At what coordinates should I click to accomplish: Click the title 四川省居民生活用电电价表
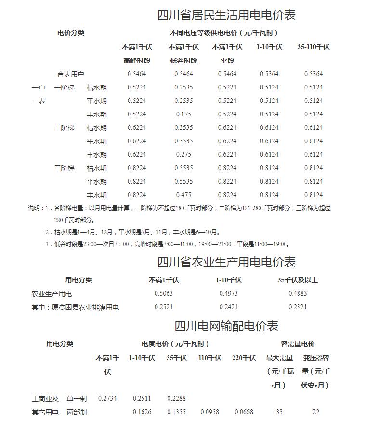226,15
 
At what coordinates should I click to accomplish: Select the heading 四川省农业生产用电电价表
226,262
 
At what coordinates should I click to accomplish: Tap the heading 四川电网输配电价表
226,326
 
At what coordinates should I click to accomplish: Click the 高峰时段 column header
137,61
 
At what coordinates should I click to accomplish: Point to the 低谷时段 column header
183,61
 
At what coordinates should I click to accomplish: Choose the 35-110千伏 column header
313,47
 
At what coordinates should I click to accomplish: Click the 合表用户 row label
71,74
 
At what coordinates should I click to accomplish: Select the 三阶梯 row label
64,168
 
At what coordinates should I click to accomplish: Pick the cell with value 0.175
183,114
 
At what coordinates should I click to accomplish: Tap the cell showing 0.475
183,195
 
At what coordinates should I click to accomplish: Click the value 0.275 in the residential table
183,155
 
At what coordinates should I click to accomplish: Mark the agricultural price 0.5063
164,293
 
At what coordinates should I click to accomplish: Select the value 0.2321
298,307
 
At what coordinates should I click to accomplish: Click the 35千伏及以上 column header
298,280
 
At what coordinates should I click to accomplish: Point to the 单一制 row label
77,398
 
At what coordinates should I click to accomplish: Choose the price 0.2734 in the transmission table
107,398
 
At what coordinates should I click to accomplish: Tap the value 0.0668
244,412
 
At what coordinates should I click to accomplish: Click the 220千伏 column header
244,358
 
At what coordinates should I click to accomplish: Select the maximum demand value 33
279,412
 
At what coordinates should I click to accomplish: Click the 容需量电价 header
298,344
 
